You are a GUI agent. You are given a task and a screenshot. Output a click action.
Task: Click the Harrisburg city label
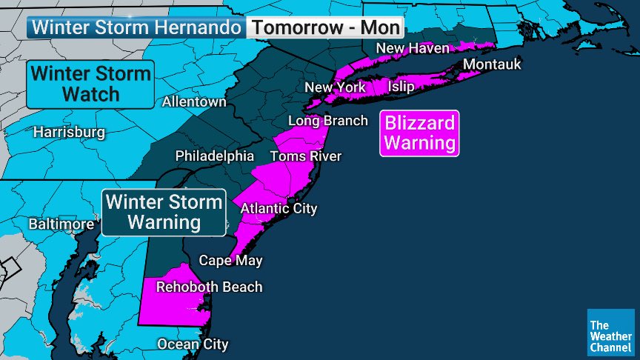click(69, 133)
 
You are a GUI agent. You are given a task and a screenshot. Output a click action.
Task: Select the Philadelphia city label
click(215, 156)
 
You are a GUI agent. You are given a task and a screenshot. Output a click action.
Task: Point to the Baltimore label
click(61, 224)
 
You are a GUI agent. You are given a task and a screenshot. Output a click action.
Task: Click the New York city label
click(336, 88)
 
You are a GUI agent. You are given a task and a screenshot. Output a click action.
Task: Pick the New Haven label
click(413, 49)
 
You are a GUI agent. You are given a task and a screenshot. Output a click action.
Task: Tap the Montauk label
click(492, 64)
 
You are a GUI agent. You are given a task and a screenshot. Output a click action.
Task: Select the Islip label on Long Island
click(401, 87)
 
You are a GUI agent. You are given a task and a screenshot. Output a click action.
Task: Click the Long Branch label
click(327, 121)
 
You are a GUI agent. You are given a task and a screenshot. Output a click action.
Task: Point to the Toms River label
click(305, 156)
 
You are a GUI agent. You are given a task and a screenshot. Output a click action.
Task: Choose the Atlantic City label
click(279, 209)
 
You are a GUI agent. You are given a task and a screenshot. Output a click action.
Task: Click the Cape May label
click(230, 261)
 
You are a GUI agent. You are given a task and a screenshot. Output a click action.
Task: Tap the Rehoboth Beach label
click(209, 287)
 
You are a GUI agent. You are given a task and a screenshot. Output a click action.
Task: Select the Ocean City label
click(192, 344)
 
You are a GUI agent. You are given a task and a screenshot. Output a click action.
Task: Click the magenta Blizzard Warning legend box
click(419, 133)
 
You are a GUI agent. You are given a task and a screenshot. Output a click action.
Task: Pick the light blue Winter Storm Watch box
click(91, 84)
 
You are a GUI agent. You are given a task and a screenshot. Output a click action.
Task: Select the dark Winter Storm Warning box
click(164, 212)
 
